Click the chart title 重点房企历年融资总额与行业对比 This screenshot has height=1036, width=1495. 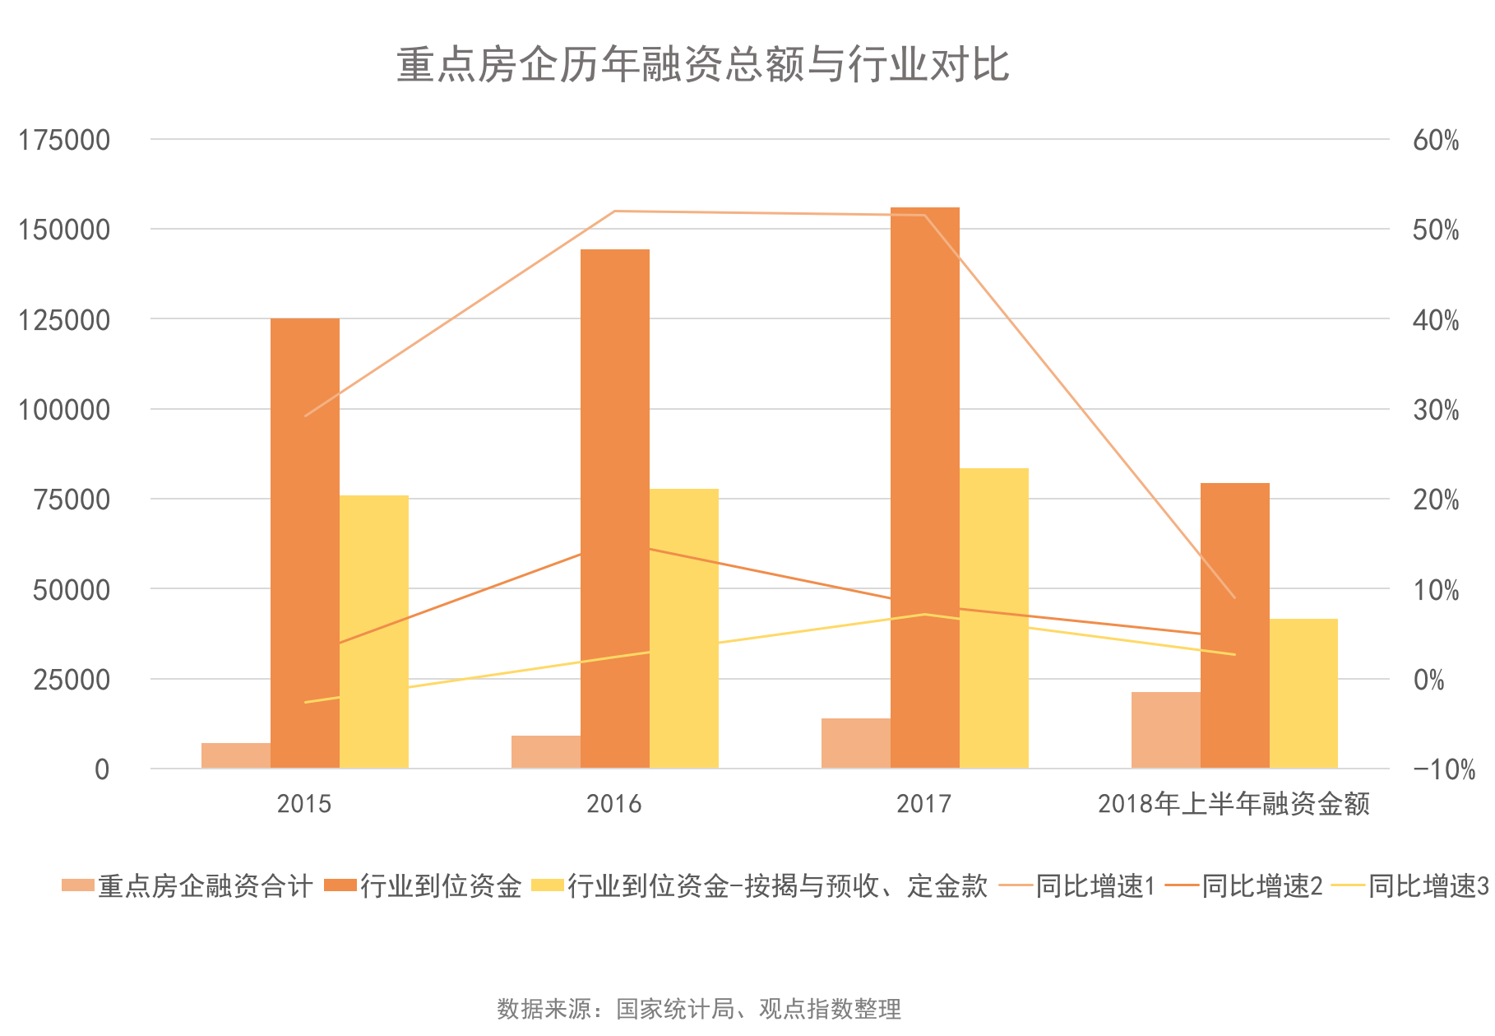[x=702, y=64]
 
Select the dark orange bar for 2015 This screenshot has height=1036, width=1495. [x=305, y=543]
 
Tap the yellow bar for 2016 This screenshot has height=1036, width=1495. [x=684, y=629]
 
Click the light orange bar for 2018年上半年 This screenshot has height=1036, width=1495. [x=1165, y=730]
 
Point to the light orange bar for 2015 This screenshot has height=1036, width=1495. [x=236, y=755]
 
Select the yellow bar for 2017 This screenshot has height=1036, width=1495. [x=994, y=618]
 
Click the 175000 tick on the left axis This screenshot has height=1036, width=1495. [x=64, y=140]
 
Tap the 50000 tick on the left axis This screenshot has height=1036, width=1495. [x=72, y=589]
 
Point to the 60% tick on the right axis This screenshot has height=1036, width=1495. [x=1436, y=140]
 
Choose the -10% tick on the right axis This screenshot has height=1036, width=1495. [x=1444, y=769]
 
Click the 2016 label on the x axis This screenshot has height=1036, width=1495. [x=614, y=803]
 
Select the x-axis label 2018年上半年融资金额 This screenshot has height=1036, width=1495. [x=1233, y=803]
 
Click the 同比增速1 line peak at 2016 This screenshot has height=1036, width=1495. [x=615, y=211]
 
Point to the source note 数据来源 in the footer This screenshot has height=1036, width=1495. [x=699, y=1008]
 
